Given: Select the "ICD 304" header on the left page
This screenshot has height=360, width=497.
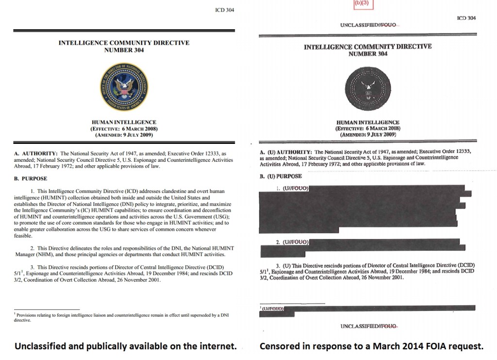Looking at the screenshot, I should (x=224, y=10).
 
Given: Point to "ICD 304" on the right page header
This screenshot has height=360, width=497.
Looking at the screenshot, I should (x=466, y=18).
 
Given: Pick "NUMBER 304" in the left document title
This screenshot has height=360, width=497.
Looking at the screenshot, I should (x=124, y=50).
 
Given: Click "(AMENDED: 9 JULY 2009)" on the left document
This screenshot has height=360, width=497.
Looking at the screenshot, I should (x=124, y=135).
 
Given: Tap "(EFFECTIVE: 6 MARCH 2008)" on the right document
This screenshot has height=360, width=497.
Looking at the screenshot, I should (x=367, y=128).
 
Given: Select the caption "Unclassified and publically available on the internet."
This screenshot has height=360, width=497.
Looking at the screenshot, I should (x=126, y=347).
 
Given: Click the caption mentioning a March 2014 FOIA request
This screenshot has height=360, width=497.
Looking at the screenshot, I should (x=371, y=347).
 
